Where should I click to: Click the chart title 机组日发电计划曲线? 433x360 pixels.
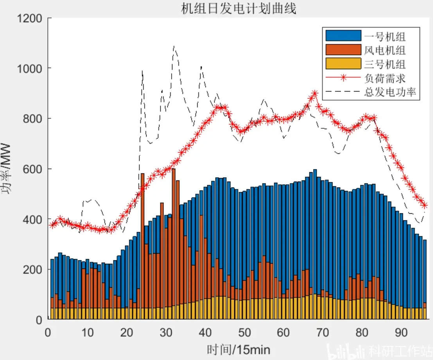click(x=239, y=8)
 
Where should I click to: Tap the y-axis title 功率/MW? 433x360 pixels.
click(x=6, y=169)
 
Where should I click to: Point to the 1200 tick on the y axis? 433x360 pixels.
click(x=30, y=18)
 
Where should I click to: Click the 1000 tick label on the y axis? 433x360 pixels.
click(x=30, y=68)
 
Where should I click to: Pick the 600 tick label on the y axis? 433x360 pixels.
click(x=32, y=169)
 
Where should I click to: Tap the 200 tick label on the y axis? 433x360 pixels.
click(x=32, y=269)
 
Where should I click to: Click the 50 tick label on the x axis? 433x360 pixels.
click(x=244, y=332)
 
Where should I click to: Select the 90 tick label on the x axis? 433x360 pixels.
click(x=401, y=332)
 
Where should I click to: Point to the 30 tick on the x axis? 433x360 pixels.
click(x=166, y=332)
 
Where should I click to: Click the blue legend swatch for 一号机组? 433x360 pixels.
click(x=343, y=36)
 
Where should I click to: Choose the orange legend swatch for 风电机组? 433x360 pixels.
click(x=343, y=50)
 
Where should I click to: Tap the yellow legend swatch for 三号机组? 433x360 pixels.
click(x=343, y=63)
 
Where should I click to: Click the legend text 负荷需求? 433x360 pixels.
click(x=384, y=78)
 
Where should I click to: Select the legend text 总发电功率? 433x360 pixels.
click(x=390, y=92)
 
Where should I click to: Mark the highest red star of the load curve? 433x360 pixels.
click(x=314, y=94)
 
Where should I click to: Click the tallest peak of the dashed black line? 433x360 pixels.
click(x=174, y=46)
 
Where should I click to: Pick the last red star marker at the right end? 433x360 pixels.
click(x=425, y=205)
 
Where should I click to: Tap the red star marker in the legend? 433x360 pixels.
click(x=343, y=77)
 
